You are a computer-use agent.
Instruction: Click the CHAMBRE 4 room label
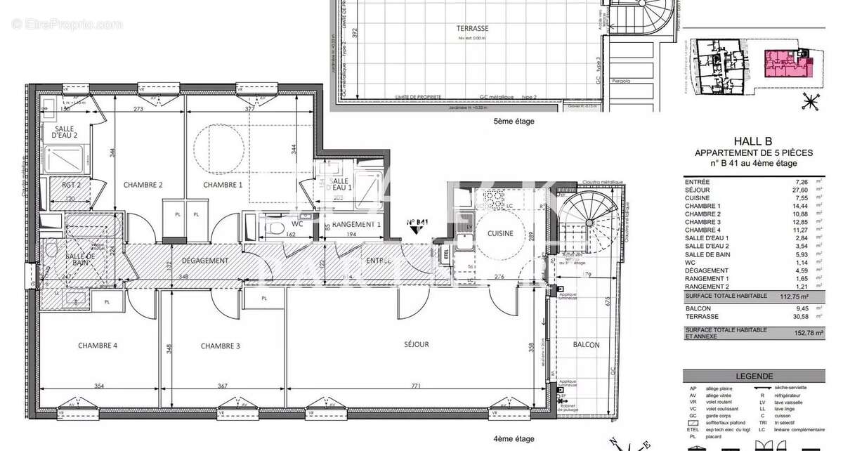click(x=98, y=346)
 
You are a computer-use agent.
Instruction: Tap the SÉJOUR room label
click(x=416, y=345)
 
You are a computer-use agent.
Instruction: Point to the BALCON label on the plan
click(x=586, y=345)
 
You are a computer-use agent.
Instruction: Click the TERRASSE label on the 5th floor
click(x=473, y=29)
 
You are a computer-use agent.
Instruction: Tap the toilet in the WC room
click(x=275, y=226)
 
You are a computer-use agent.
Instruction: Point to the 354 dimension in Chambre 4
click(x=98, y=386)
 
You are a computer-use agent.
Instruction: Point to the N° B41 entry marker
click(x=418, y=222)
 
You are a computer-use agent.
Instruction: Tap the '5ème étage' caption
click(x=514, y=122)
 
